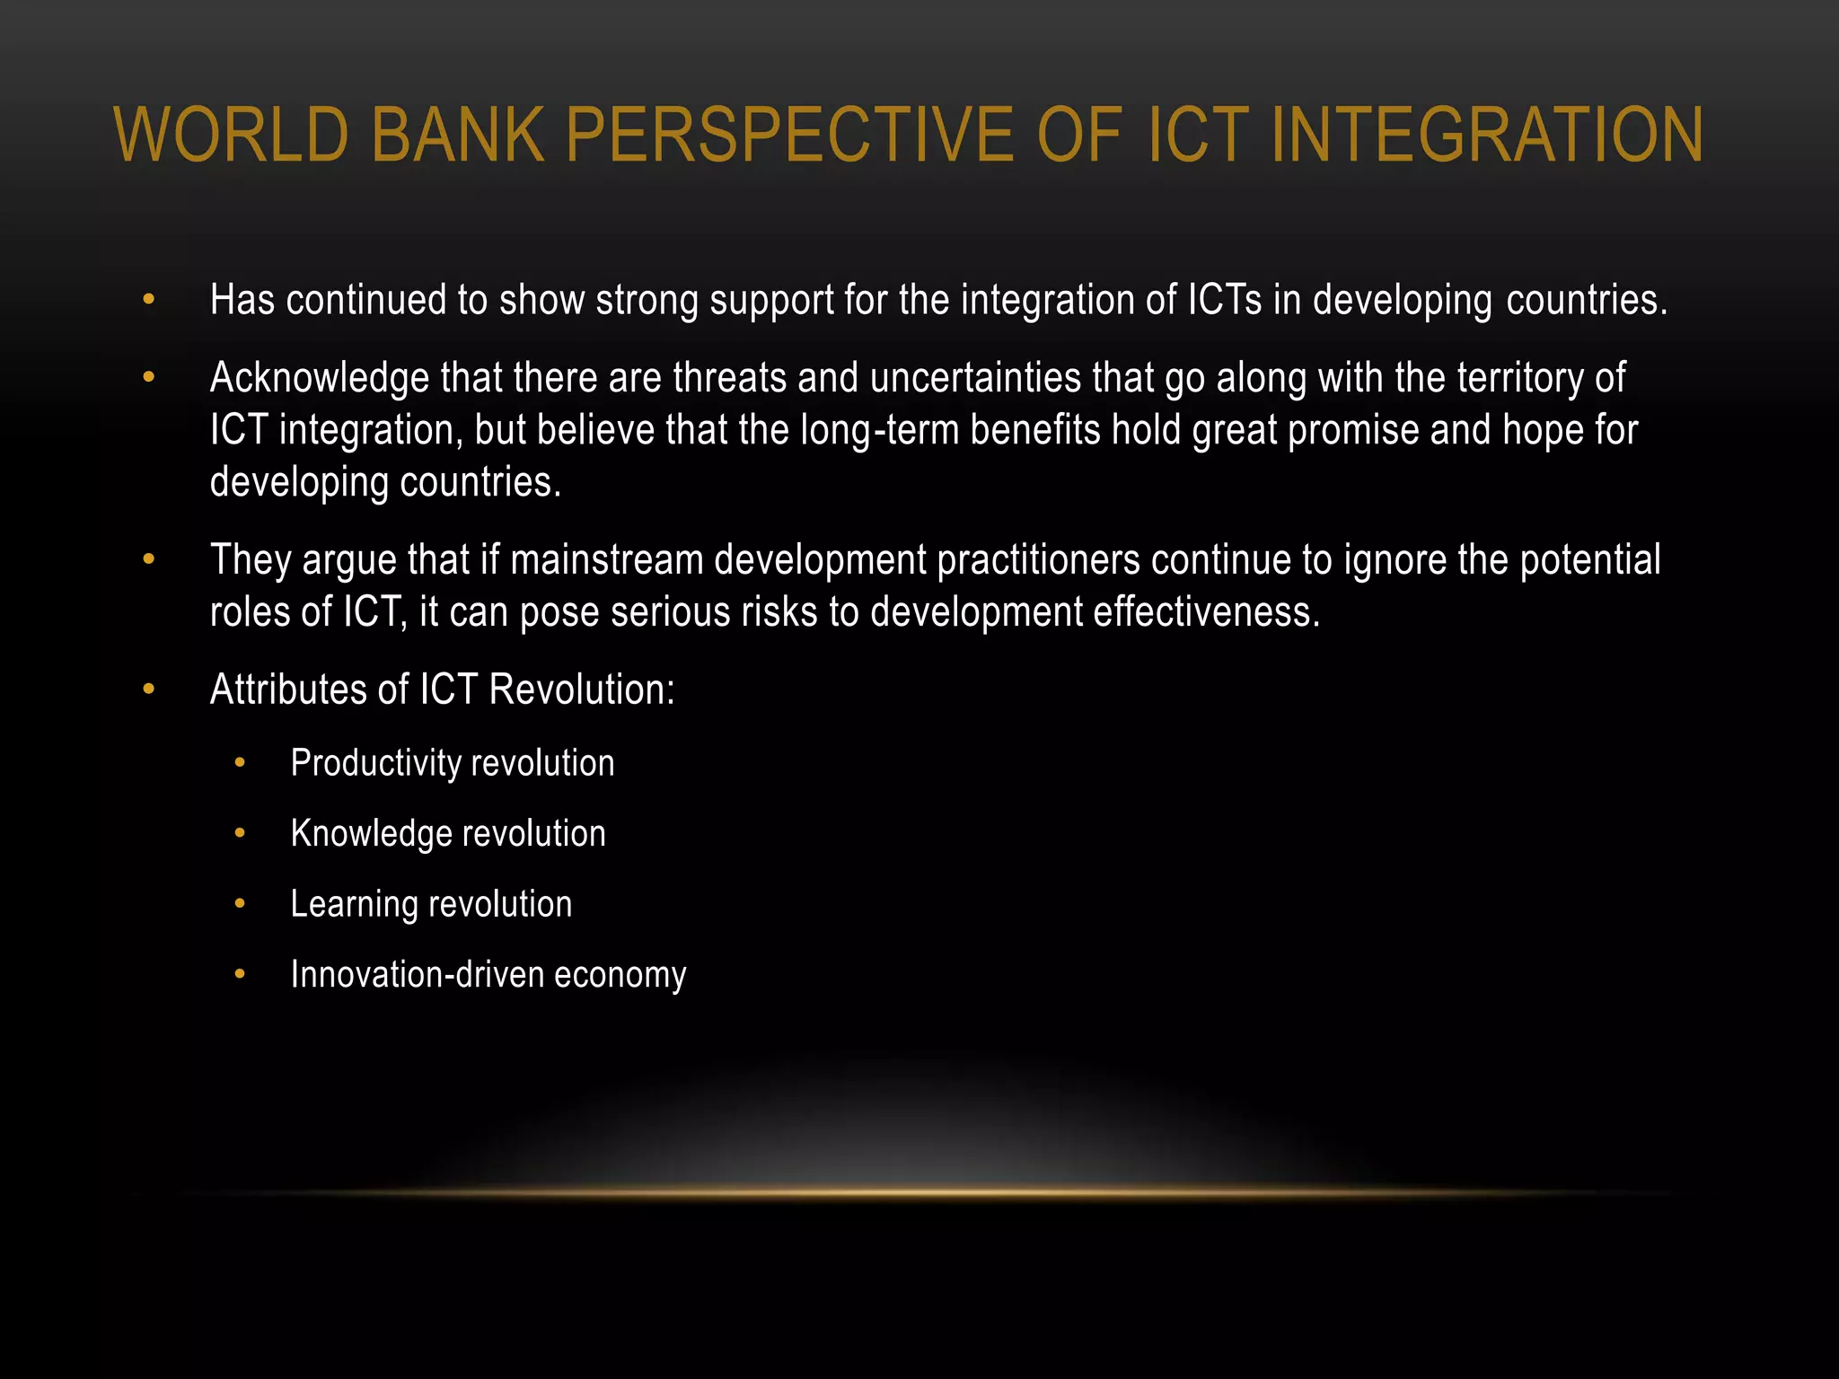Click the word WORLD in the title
tap(232, 135)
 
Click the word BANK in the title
tap(457, 135)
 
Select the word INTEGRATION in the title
tap(1486, 135)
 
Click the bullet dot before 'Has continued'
tap(149, 300)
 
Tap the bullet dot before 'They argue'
tap(149, 560)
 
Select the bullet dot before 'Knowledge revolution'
tap(240, 833)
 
